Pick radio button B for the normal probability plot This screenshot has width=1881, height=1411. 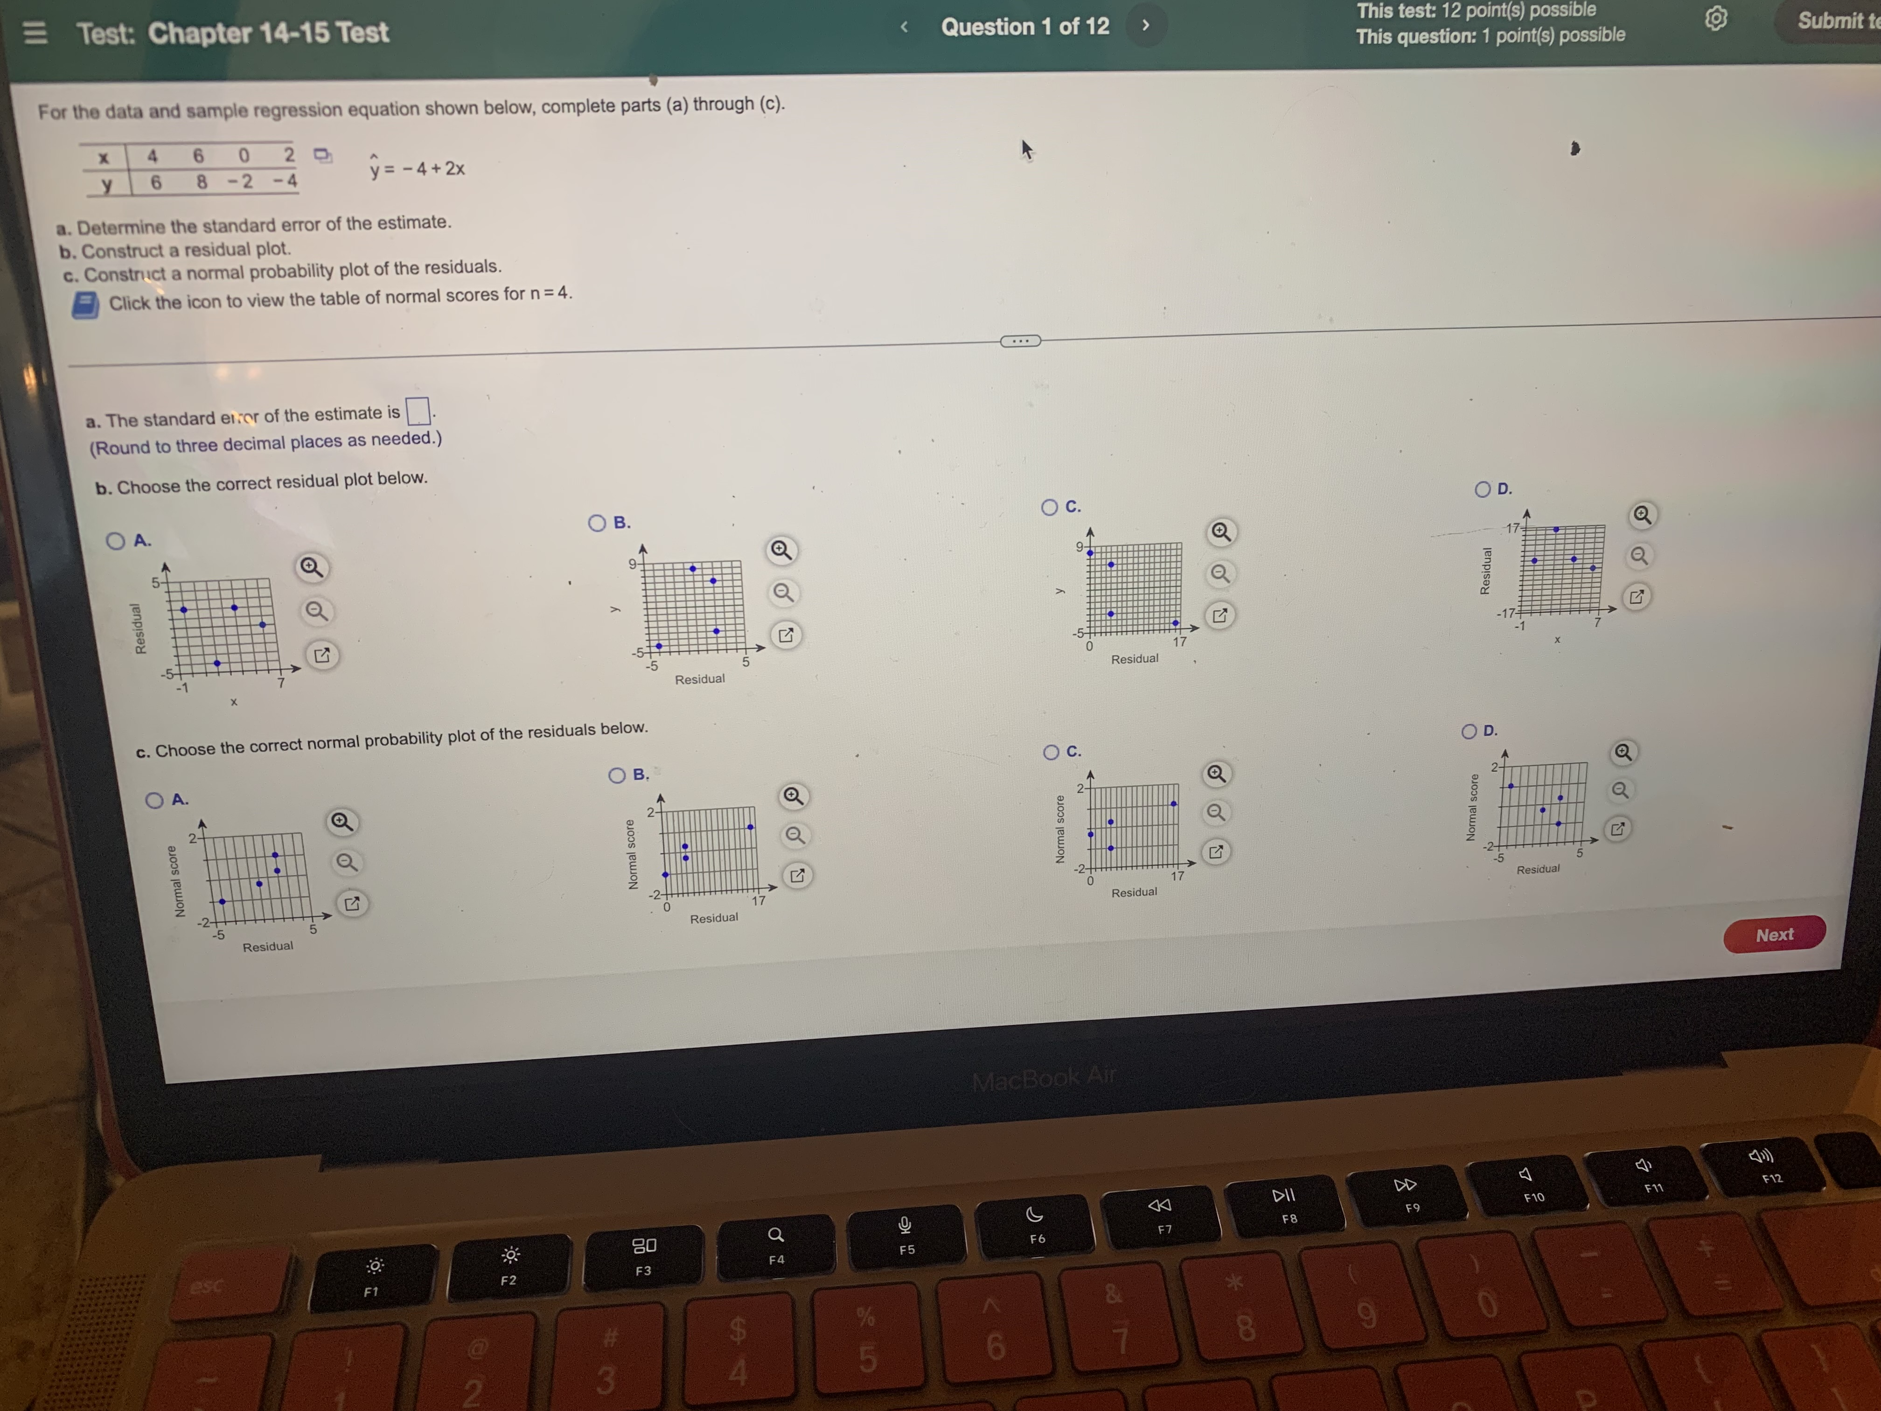(x=617, y=775)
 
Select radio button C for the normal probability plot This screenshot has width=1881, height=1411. (x=1051, y=752)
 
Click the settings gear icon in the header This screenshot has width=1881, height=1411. (x=1716, y=19)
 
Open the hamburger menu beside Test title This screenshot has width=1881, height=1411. (x=35, y=33)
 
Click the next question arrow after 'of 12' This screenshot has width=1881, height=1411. (x=1145, y=26)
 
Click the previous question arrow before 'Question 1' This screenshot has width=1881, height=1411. (x=904, y=27)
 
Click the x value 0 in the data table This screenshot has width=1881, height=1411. (x=244, y=155)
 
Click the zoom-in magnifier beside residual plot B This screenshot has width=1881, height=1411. (x=780, y=550)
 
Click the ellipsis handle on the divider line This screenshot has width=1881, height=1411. (x=1020, y=341)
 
